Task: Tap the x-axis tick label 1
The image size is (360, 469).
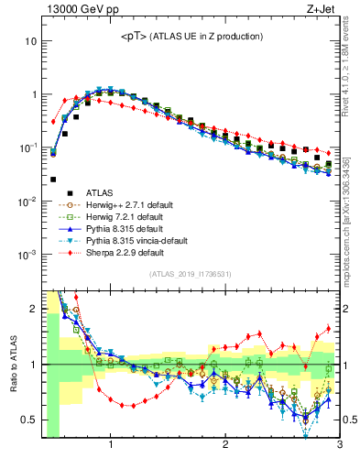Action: pyautogui.click(x=111, y=446)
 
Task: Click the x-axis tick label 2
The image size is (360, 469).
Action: pyautogui.click(x=224, y=446)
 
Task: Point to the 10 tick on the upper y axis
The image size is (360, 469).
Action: pyautogui.click(x=30, y=41)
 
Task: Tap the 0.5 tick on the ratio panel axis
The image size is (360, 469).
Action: pyautogui.click(x=30, y=420)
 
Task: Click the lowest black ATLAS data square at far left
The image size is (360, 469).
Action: pyautogui.click(x=53, y=180)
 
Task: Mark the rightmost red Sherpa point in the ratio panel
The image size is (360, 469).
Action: pyautogui.click(x=329, y=329)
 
